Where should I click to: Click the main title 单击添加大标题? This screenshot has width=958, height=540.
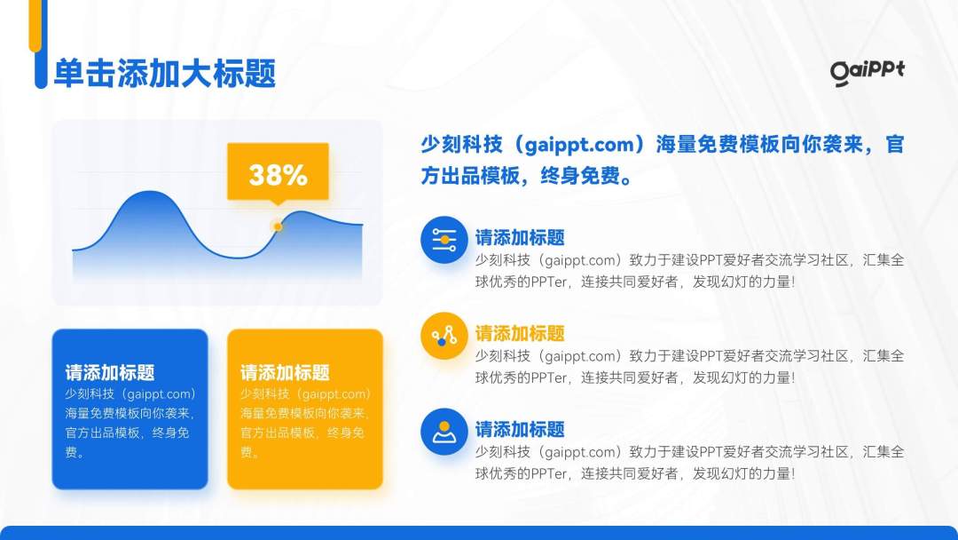[x=165, y=74]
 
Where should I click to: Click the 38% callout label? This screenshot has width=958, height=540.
[x=278, y=174]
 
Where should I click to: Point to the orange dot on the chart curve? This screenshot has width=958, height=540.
[x=278, y=226]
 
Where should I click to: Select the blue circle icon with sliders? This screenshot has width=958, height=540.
[x=444, y=240]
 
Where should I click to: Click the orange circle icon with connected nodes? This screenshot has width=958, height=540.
[x=444, y=336]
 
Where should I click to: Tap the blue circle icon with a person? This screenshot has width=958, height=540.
[x=444, y=432]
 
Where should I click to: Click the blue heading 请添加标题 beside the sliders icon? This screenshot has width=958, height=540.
[x=520, y=238]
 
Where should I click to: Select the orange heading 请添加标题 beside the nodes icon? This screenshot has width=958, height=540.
[x=520, y=334]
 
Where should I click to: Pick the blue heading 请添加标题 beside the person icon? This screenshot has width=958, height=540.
[x=520, y=430]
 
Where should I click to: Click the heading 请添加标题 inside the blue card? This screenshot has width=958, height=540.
[x=110, y=373]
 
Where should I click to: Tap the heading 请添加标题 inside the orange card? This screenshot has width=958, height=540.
[x=285, y=373]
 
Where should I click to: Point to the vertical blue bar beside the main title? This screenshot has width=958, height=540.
[x=40, y=71]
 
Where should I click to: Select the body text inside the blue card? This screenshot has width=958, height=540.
[x=129, y=423]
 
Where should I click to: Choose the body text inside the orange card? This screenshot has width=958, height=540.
[x=304, y=423]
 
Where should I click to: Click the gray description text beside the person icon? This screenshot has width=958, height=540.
[x=689, y=463]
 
